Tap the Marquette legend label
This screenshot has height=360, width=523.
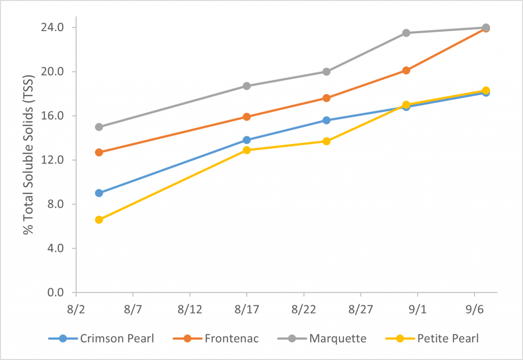click(x=338, y=339)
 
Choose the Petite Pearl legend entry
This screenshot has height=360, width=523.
click(x=448, y=339)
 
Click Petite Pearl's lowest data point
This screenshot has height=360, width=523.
click(x=99, y=220)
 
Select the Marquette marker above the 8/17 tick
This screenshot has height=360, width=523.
click(x=247, y=86)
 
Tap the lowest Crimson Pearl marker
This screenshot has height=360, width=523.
click(x=99, y=193)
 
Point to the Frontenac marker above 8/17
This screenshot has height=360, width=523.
click(x=247, y=117)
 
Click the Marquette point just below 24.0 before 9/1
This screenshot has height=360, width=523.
click(x=406, y=33)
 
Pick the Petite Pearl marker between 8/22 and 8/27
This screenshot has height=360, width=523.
click(x=326, y=141)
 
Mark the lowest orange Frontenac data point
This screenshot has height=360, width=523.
click(x=99, y=152)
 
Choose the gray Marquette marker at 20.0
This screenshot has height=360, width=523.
click(x=326, y=71)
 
